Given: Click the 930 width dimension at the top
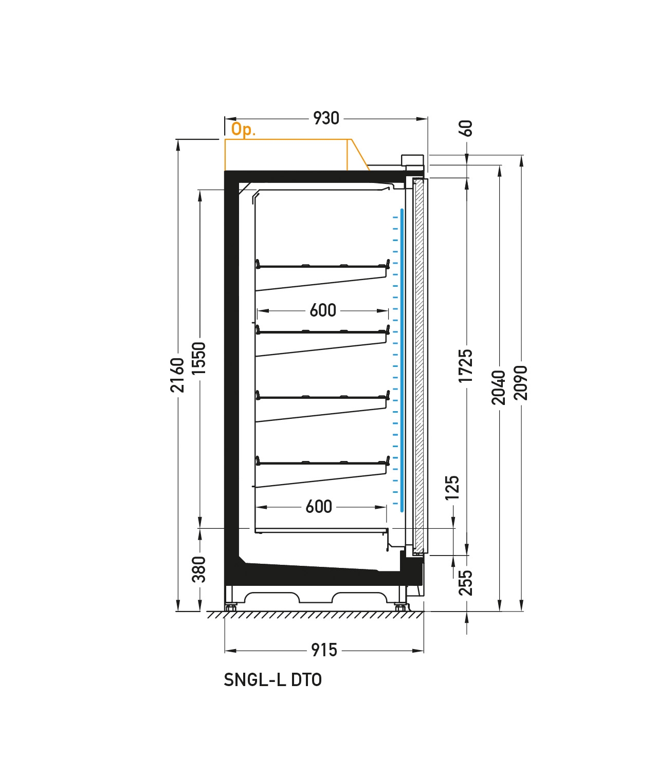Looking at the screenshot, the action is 326,118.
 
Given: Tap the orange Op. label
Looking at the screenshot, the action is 243,130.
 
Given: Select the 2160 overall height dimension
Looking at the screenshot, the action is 177,375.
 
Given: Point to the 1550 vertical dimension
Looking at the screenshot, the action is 199,358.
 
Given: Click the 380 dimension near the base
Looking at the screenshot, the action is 199,569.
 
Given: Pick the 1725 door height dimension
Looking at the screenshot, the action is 466,365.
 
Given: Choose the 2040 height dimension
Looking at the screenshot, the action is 499,387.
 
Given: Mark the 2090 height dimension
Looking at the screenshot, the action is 520,383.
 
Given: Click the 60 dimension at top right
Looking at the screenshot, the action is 466,128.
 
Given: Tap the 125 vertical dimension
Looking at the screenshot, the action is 452,488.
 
